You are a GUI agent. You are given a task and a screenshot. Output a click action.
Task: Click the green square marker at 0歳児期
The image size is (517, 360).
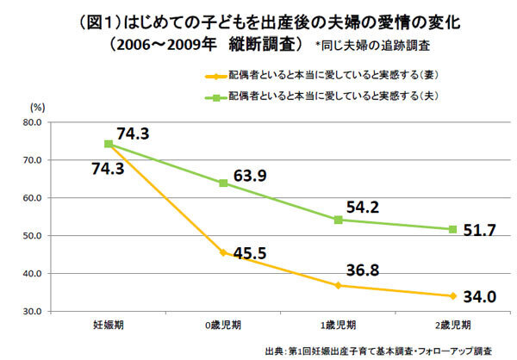pyautogui.click(x=223, y=183)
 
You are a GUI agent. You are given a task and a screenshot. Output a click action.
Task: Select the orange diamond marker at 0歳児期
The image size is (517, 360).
pyautogui.click(x=223, y=252)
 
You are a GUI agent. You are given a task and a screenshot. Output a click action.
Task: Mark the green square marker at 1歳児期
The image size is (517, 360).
pyautogui.click(x=339, y=220)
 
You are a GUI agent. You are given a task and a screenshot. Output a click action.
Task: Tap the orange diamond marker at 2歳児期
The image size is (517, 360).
pyautogui.click(x=453, y=295)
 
